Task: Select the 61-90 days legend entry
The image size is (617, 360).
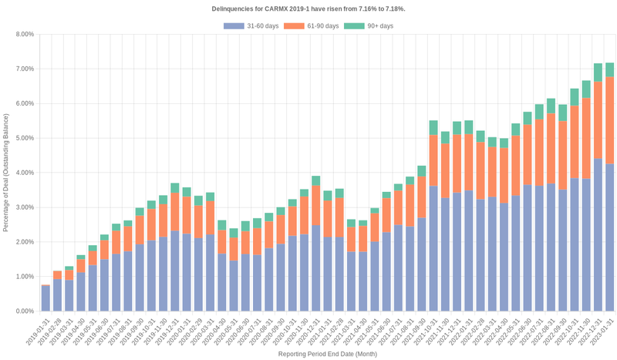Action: pyautogui.click(x=311, y=26)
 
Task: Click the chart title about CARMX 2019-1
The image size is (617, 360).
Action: pyautogui.click(x=308, y=8)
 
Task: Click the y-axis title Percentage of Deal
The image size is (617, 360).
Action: pyautogui.click(x=6, y=173)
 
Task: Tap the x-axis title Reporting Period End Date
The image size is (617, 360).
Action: pyautogui.click(x=327, y=354)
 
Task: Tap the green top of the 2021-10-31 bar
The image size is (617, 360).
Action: pyautogui.click(x=433, y=128)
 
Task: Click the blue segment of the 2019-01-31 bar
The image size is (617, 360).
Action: pyautogui.click(x=46, y=298)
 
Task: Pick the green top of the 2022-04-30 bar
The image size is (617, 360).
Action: pyautogui.click(x=504, y=143)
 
